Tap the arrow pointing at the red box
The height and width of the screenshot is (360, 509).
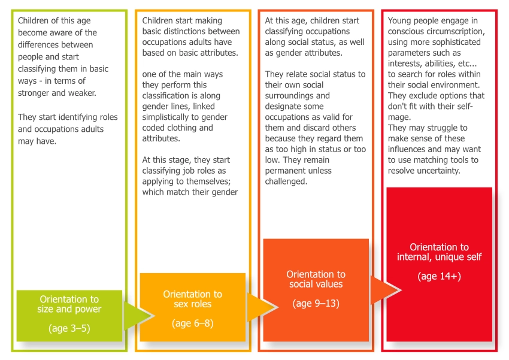tap(386, 291)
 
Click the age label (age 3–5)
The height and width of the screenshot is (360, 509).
tap(69, 328)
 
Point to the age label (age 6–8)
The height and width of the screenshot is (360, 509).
tap(192, 323)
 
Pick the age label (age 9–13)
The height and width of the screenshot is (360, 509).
tap(316, 304)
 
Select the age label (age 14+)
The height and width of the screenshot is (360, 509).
tap(439, 276)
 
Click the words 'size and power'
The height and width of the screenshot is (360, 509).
tap(69, 309)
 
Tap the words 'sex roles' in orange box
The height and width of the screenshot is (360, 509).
tap(192, 304)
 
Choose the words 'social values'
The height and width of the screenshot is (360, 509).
tap(316, 284)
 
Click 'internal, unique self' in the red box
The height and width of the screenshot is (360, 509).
tap(439, 257)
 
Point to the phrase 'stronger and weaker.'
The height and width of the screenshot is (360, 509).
tap(57, 93)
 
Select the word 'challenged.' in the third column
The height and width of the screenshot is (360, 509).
tap(286, 181)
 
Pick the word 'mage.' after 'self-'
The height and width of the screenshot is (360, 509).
tap(399, 117)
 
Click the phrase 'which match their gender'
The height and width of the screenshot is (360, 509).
tap(190, 192)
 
